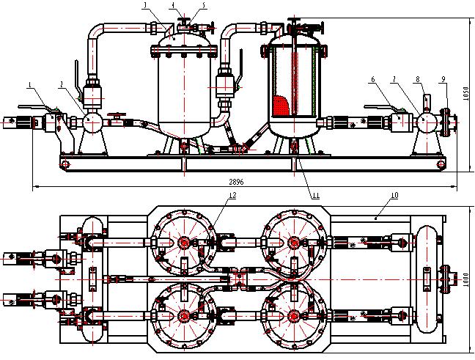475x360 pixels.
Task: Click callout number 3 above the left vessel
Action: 146,5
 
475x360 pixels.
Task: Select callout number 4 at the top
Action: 173,5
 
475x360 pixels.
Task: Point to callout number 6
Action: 374,78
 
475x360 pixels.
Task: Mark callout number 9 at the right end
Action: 443,78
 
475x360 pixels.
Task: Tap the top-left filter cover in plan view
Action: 183,242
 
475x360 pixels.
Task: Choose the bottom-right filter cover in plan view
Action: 294,316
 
